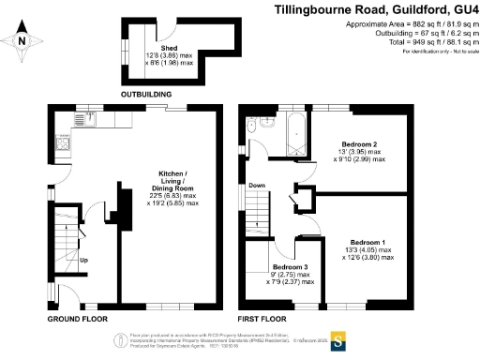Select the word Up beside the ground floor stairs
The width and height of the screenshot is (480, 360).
click(84, 260)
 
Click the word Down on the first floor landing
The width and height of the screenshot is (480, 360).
click(256, 186)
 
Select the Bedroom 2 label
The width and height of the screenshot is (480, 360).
click(361, 150)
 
